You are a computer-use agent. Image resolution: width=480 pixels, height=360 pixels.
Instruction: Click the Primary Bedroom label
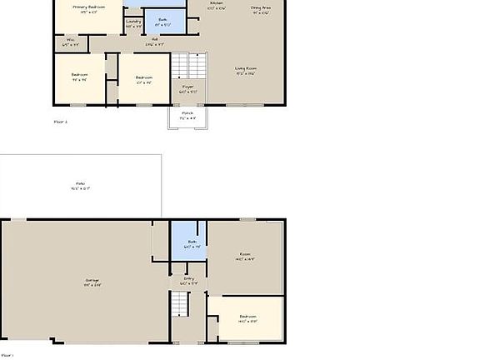click(x=88, y=8)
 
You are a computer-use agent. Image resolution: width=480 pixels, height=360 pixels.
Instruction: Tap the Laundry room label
click(x=133, y=24)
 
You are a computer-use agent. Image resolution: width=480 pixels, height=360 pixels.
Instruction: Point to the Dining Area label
click(x=260, y=9)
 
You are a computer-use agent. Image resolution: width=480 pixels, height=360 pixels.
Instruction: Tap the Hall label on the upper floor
click(x=154, y=41)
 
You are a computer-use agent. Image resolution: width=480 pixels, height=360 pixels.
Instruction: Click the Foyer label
click(x=187, y=88)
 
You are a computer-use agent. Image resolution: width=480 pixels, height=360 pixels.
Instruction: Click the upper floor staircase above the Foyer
click(x=188, y=65)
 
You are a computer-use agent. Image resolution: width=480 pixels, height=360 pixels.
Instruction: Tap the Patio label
click(x=80, y=186)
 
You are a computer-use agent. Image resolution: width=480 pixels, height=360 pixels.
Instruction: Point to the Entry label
click(x=188, y=280)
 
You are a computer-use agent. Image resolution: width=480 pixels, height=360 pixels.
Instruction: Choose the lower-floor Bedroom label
click(x=248, y=318)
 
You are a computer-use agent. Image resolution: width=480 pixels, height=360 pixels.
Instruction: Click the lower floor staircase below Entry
click(x=181, y=307)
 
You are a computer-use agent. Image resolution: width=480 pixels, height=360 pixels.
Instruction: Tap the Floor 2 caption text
click(x=60, y=122)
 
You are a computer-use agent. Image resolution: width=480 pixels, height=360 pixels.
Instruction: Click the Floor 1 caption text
click(x=7, y=355)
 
